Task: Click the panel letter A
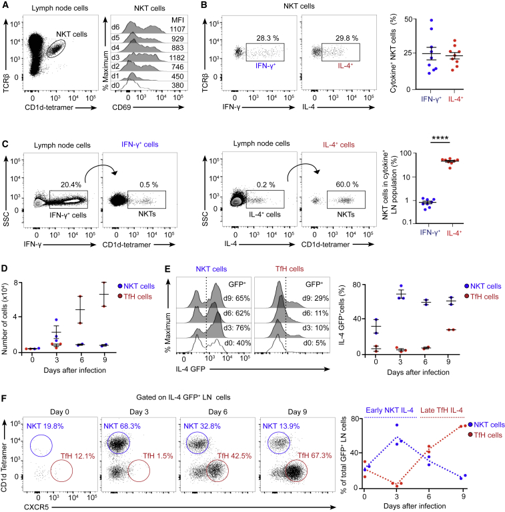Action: (5, 6)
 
